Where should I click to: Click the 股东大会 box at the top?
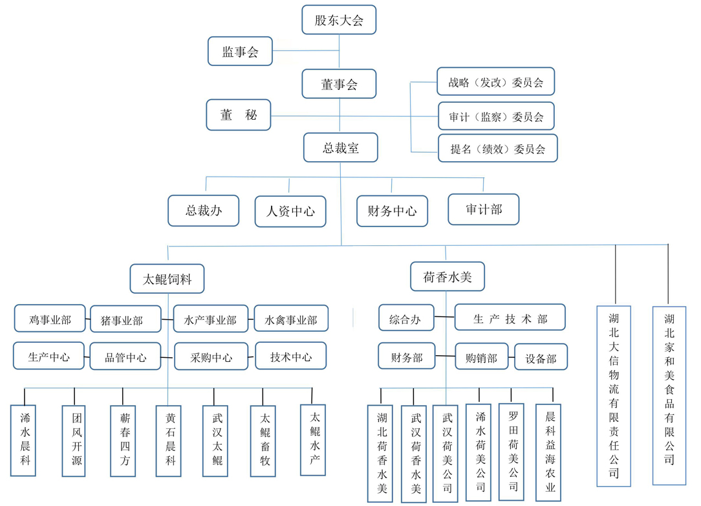point(339,20)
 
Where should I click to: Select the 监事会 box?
point(240,52)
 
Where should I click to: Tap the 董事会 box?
point(339,84)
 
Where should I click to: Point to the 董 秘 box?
point(239,115)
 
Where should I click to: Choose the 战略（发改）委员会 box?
point(495,82)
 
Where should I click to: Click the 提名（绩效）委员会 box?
point(497,148)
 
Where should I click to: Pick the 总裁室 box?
point(340,148)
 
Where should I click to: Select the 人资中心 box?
point(290,212)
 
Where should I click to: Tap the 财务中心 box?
point(392,212)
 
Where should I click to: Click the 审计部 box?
point(483,210)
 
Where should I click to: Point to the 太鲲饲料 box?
point(167,280)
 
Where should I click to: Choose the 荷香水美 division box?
point(448,277)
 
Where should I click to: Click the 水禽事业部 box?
point(290,319)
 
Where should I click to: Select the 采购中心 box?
point(211,357)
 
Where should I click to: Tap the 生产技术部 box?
point(510,318)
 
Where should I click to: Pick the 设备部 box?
point(541,357)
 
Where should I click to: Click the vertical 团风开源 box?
point(74,440)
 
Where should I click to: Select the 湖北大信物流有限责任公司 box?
point(614,395)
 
